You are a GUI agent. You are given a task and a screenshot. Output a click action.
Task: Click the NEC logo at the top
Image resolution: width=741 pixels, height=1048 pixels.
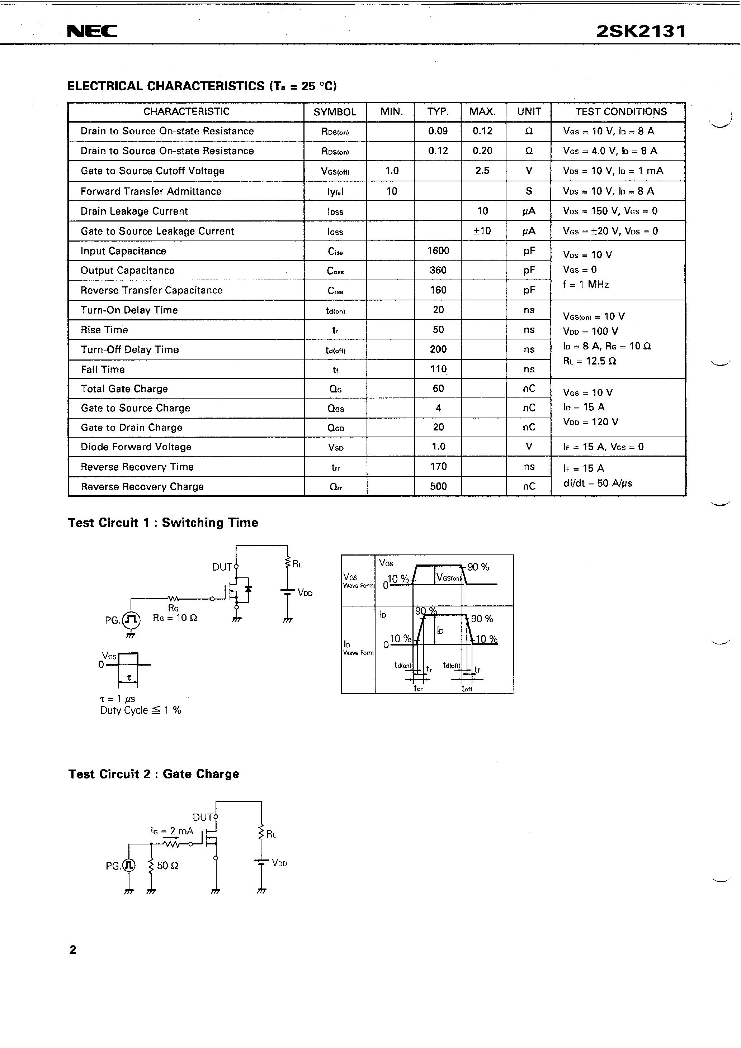(92, 31)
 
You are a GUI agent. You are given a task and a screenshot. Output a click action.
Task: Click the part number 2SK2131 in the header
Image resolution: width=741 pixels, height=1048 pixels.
(641, 31)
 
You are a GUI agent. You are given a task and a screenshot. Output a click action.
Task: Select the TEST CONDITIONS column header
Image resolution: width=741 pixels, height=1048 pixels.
(620, 112)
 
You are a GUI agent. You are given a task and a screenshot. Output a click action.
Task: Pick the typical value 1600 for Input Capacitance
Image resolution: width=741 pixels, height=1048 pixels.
(438, 251)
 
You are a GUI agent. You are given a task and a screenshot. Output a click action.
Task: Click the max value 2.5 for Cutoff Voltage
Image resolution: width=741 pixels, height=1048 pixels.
(482, 171)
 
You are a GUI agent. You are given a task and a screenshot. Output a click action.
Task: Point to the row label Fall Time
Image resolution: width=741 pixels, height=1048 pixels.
(103, 369)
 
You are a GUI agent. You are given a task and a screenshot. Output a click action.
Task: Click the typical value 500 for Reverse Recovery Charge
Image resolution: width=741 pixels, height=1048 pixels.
(438, 486)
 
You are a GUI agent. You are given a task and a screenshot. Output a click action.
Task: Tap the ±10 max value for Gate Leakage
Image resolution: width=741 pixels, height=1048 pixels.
(482, 231)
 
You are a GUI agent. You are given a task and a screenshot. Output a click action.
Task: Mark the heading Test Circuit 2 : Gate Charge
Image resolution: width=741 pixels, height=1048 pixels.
(154, 774)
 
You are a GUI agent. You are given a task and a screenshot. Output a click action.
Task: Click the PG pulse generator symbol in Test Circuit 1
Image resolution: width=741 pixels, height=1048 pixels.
(132, 619)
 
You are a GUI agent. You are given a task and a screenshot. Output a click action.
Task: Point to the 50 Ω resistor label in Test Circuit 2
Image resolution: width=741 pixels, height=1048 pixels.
(167, 866)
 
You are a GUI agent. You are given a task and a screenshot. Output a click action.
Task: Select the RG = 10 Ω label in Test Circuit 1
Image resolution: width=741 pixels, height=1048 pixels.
(175, 618)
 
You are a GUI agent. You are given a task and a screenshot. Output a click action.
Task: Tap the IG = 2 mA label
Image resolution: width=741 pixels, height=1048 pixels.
(172, 831)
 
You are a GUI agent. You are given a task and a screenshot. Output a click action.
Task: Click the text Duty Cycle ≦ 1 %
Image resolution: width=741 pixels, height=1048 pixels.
(141, 710)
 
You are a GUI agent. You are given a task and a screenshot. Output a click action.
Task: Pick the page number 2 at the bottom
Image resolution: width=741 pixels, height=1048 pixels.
(73, 950)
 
